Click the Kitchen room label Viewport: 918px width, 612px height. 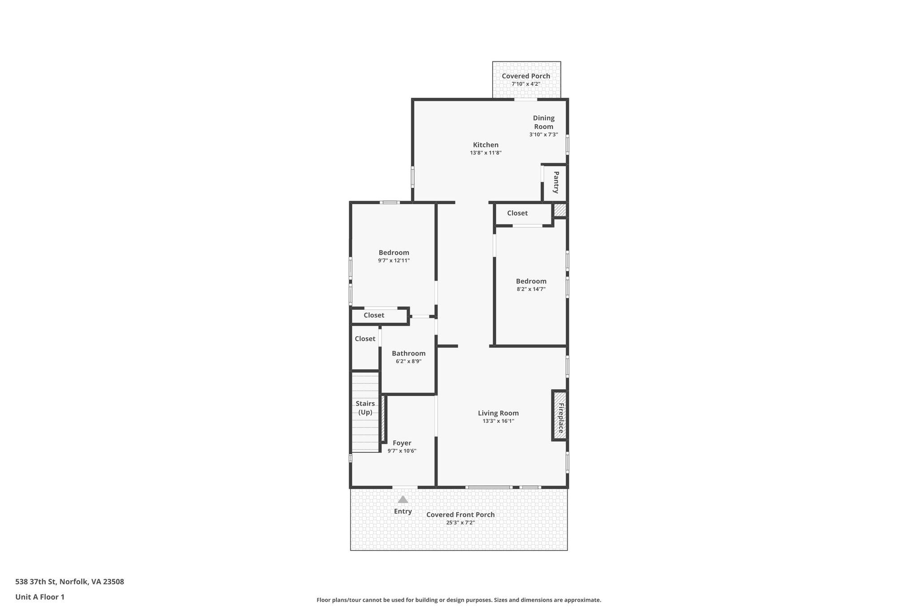pyautogui.click(x=485, y=145)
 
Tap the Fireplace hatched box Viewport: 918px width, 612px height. pyautogui.click(x=559, y=416)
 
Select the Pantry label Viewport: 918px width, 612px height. pyautogui.click(x=556, y=182)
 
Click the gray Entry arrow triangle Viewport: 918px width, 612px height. pyautogui.click(x=403, y=499)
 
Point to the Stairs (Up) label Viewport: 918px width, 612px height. pyautogui.click(x=365, y=408)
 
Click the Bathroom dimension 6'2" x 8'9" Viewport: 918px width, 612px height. pyautogui.click(x=408, y=361)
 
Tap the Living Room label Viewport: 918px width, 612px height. pyautogui.click(x=498, y=413)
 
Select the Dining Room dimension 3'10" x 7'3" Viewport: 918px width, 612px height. pyautogui.click(x=543, y=135)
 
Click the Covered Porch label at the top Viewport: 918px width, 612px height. pyautogui.click(x=526, y=76)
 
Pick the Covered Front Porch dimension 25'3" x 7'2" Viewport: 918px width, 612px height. pyautogui.click(x=460, y=522)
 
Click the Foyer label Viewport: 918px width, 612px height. pyautogui.click(x=402, y=443)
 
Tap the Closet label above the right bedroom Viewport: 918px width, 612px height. pyautogui.click(x=517, y=213)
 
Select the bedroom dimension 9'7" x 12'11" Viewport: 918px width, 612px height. pyautogui.click(x=394, y=260)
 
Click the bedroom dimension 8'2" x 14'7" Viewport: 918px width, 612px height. pyautogui.click(x=531, y=289)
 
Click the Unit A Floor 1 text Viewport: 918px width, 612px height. pyautogui.click(x=40, y=597)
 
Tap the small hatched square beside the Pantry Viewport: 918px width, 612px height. pyautogui.click(x=560, y=210)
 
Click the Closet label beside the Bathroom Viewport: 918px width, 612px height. pyautogui.click(x=365, y=339)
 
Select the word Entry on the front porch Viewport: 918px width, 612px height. pyautogui.click(x=403, y=511)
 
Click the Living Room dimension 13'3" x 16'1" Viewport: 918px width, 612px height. pyautogui.click(x=498, y=421)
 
